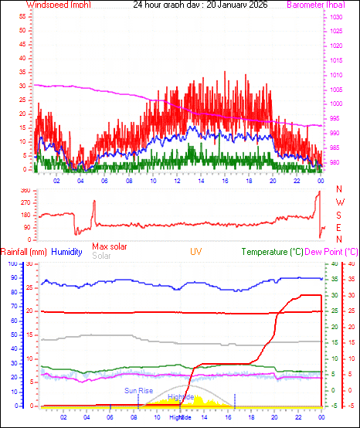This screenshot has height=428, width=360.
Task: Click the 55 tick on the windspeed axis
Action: (x=23, y=16)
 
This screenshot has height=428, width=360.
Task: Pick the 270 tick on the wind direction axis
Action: (x=24, y=202)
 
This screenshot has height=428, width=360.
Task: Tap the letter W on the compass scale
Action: (x=338, y=202)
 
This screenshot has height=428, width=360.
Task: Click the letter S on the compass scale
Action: (x=338, y=215)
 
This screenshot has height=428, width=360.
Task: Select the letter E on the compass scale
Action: (x=338, y=227)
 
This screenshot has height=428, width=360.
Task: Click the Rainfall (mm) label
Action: (x=24, y=252)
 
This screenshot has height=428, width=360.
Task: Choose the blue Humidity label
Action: (x=67, y=252)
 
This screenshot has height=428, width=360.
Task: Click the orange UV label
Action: (x=196, y=252)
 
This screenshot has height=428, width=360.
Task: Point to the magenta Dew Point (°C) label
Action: (x=331, y=252)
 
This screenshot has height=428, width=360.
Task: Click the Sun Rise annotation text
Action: (x=139, y=391)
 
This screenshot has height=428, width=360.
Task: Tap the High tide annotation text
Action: (x=181, y=396)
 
